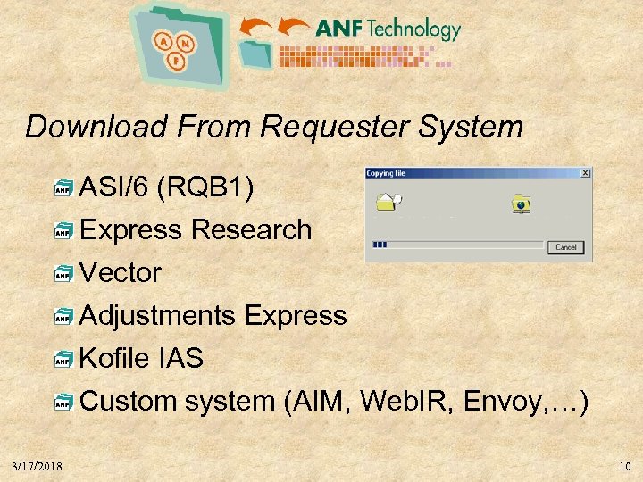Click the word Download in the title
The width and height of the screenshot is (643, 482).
[x=96, y=127]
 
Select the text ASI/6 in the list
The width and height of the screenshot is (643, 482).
[x=113, y=187]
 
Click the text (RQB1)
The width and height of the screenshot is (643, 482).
[x=205, y=187]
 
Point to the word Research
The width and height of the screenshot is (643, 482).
[x=251, y=230]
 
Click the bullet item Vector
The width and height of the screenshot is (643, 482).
[x=121, y=273]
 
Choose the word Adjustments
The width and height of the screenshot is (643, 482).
[x=158, y=316]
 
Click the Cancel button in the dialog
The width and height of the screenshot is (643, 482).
[x=566, y=247]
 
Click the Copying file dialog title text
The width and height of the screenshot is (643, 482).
[x=386, y=173]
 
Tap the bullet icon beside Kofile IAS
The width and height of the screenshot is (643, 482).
[x=63, y=361]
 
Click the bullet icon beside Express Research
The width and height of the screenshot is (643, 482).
[x=63, y=232]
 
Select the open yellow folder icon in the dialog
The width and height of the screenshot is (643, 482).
[x=386, y=200]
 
